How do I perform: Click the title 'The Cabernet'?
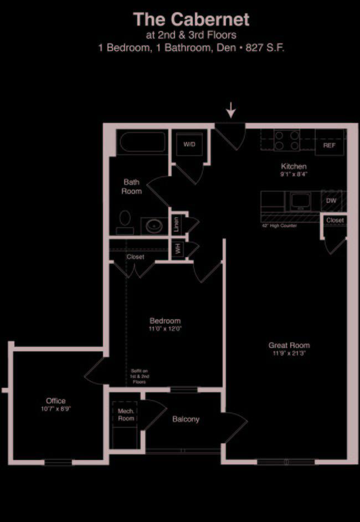191,19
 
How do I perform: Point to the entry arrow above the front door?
231,110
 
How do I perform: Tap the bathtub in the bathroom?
143,142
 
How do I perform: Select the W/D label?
189,145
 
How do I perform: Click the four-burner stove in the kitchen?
287,140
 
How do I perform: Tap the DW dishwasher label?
331,201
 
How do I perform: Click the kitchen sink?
301,201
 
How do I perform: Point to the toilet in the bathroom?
125,222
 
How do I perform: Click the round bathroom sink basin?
155,227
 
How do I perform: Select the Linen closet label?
176,224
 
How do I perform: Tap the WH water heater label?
178,249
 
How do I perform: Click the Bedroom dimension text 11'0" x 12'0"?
166,329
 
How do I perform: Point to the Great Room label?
289,345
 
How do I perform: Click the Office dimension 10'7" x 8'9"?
56,408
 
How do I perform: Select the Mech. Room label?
126,415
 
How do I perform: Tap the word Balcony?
186,419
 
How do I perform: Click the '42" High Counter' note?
280,226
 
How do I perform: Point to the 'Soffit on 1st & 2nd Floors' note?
140,376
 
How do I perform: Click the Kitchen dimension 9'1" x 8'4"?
294,174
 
